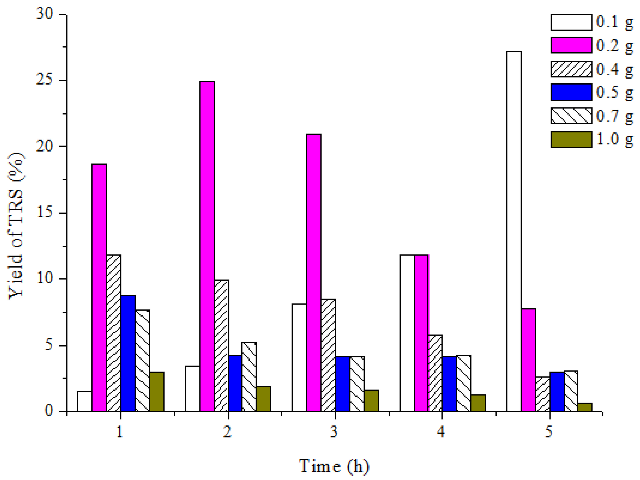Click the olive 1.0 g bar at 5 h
click(585, 407)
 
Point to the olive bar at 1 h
click(157, 392)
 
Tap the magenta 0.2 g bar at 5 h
click(528, 360)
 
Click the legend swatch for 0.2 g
click(571, 45)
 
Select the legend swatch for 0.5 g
click(571, 92)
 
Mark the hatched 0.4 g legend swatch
click(571, 69)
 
